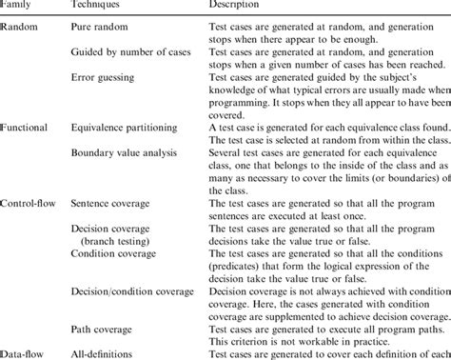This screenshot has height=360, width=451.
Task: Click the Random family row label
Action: pos(20,30)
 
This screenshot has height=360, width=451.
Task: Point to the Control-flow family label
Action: pos(31,177)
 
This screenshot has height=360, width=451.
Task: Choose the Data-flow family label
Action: pos(25,352)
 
